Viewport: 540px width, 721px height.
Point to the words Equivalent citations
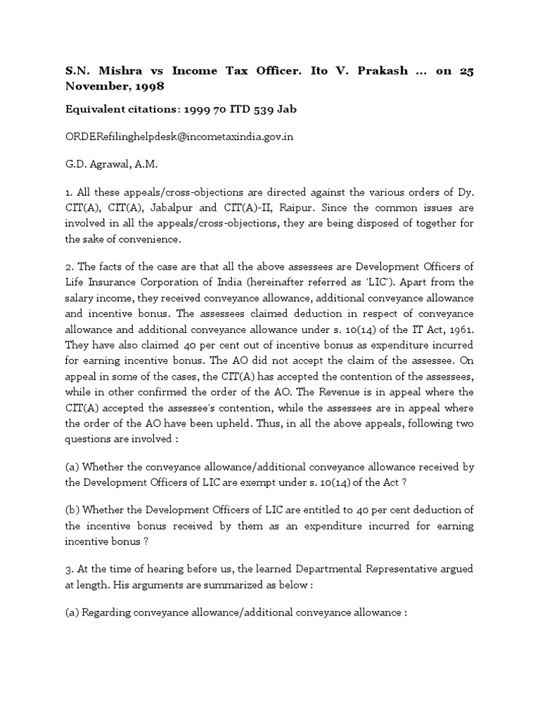(118, 110)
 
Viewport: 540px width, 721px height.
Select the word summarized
(221, 585)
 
